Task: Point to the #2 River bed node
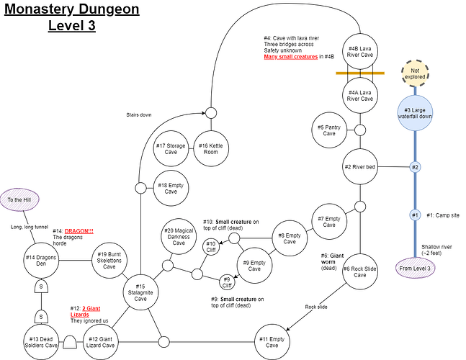(x=359, y=167)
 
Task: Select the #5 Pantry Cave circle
(x=329, y=130)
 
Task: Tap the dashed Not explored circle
(x=416, y=71)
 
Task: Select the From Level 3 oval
(x=415, y=269)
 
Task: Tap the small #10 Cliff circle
(x=210, y=247)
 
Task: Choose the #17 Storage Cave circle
(x=171, y=149)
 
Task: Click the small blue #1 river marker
(x=415, y=215)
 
